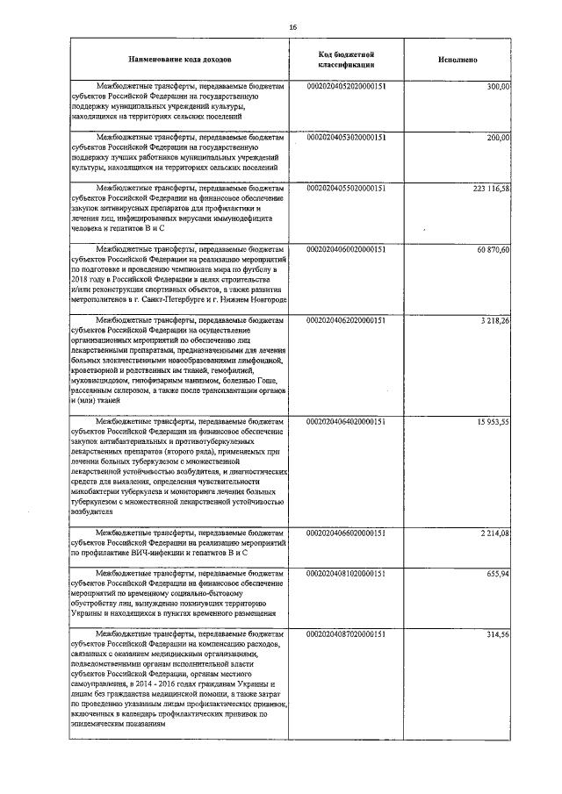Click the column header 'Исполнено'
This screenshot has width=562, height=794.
click(457, 61)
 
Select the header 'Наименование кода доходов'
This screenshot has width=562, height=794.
click(179, 61)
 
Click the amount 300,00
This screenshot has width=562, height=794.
click(499, 87)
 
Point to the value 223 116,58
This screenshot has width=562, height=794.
click(491, 189)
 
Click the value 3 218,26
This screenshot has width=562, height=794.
click(495, 321)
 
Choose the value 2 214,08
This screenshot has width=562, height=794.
click(495, 533)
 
